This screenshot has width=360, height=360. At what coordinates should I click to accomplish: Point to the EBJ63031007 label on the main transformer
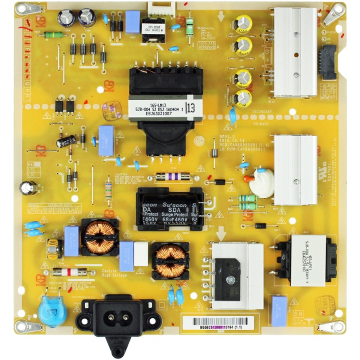pos(152,113)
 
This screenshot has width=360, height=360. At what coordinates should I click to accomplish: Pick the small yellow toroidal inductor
pos(53,249)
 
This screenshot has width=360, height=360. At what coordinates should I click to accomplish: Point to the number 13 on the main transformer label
pos(203,109)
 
